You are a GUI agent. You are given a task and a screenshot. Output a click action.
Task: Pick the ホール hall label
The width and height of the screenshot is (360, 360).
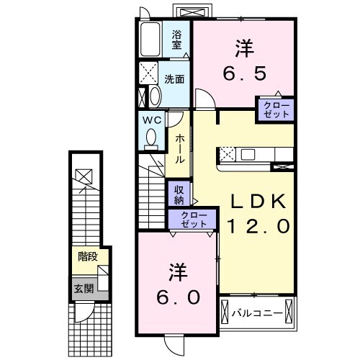click(x=179, y=148)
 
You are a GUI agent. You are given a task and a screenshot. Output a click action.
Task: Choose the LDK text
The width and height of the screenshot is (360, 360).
click(x=258, y=202)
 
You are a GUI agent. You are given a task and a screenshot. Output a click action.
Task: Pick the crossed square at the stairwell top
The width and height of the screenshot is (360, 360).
click(x=84, y=174)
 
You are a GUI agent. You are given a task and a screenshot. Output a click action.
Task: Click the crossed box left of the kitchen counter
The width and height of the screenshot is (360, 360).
click(x=226, y=153)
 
